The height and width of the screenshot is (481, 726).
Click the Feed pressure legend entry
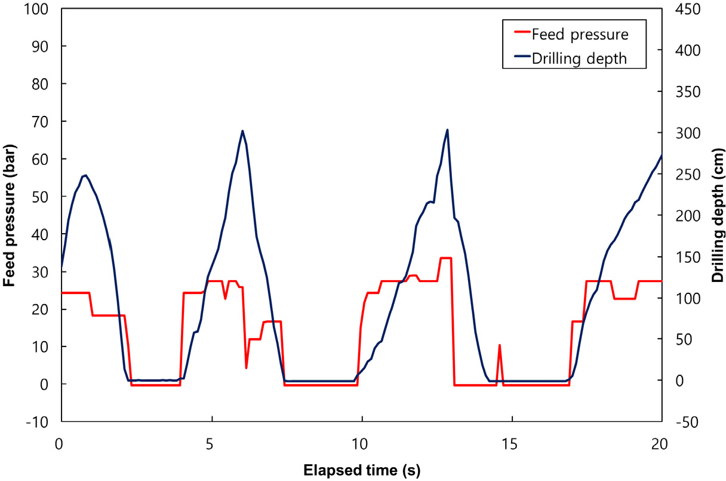580,34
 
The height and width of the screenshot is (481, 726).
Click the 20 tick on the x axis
662,445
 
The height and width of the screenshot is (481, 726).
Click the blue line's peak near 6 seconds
242,131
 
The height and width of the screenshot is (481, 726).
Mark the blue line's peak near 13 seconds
447,130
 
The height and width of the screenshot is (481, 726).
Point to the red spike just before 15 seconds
499,345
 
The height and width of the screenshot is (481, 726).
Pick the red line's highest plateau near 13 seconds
445,258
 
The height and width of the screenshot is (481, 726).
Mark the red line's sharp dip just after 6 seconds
246,367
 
